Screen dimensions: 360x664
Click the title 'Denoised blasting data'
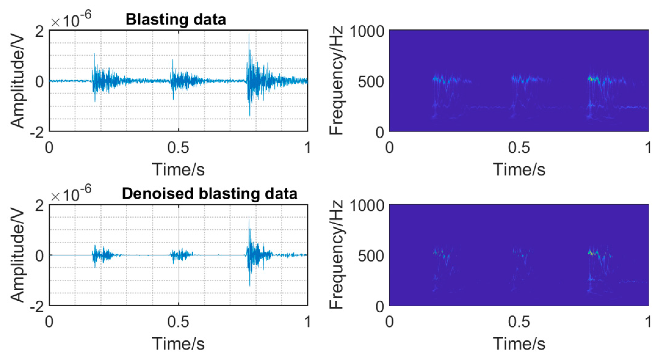click(x=209, y=194)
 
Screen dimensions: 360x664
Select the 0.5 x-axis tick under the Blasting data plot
click(x=178, y=148)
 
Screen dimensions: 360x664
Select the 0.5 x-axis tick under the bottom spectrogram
click(x=519, y=322)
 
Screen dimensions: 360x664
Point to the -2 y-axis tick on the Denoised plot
click(x=37, y=307)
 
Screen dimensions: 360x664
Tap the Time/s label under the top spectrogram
click(x=519, y=170)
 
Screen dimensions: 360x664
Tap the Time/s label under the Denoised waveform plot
click(x=178, y=344)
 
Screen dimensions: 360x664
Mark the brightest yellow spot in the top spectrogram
click(x=591, y=80)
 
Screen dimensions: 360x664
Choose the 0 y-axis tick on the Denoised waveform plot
click(x=39, y=256)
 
